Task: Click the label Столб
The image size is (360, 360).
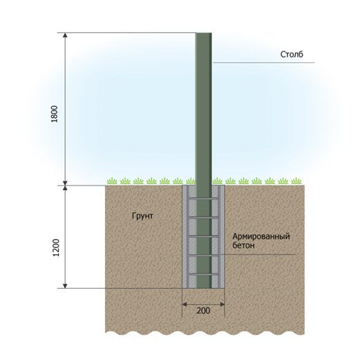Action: click(x=292, y=55)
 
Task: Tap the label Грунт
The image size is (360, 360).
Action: click(x=142, y=216)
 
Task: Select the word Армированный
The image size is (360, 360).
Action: click(x=261, y=236)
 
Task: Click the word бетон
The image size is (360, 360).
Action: click(x=243, y=245)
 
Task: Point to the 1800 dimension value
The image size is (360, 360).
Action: click(x=55, y=114)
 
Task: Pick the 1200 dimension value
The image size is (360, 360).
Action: click(x=56, y=248)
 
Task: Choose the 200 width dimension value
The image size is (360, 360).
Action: click(x=203, y=311)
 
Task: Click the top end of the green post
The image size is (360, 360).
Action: click(x=204, y=33)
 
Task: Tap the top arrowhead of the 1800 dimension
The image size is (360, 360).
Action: click(x=65, y=35)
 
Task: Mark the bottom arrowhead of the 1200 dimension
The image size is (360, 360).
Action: click(x=65, y=286)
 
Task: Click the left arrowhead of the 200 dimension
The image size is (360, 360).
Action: click(x=184, y=305)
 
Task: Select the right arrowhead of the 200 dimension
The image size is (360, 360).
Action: click(x=222, y=305)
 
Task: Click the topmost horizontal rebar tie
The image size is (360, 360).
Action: click(x=203, y=198)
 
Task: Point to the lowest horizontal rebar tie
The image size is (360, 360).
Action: click(x=203, y=274)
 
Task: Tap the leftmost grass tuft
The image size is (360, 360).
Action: click(x=112, y=181)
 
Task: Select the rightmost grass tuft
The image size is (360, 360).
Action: click(x=296, y=181)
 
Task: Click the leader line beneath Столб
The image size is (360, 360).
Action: click(x=263, y=62)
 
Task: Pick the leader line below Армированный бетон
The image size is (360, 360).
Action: click(x=258, y=254)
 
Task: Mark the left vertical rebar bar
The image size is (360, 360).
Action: click(x=188, y=236)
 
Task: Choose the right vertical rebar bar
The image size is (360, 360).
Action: click(x=219, y=236)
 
